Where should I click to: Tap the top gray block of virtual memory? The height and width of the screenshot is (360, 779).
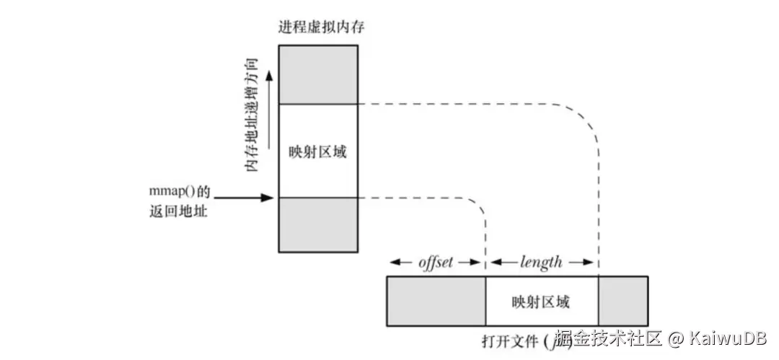click(x=318, y=74)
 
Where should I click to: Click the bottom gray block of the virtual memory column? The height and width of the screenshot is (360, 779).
click(x=318, y=224)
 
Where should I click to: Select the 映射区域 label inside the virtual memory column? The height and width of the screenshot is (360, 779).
click(x=317, y=152)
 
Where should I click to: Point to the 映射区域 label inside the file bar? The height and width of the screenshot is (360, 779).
click(x=540, y=302)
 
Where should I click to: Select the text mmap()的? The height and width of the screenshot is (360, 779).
click(x=177, y=194)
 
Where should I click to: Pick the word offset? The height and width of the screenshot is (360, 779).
click(x=436, y=262)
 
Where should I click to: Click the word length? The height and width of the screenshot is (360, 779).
click(x=541, y=262)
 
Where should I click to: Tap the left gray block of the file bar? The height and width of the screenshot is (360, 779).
click(x=436, y=301)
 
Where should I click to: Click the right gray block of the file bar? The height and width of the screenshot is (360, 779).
click(x=622, y=301)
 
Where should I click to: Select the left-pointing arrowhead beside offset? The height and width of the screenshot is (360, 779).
click(x=394, y=262)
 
